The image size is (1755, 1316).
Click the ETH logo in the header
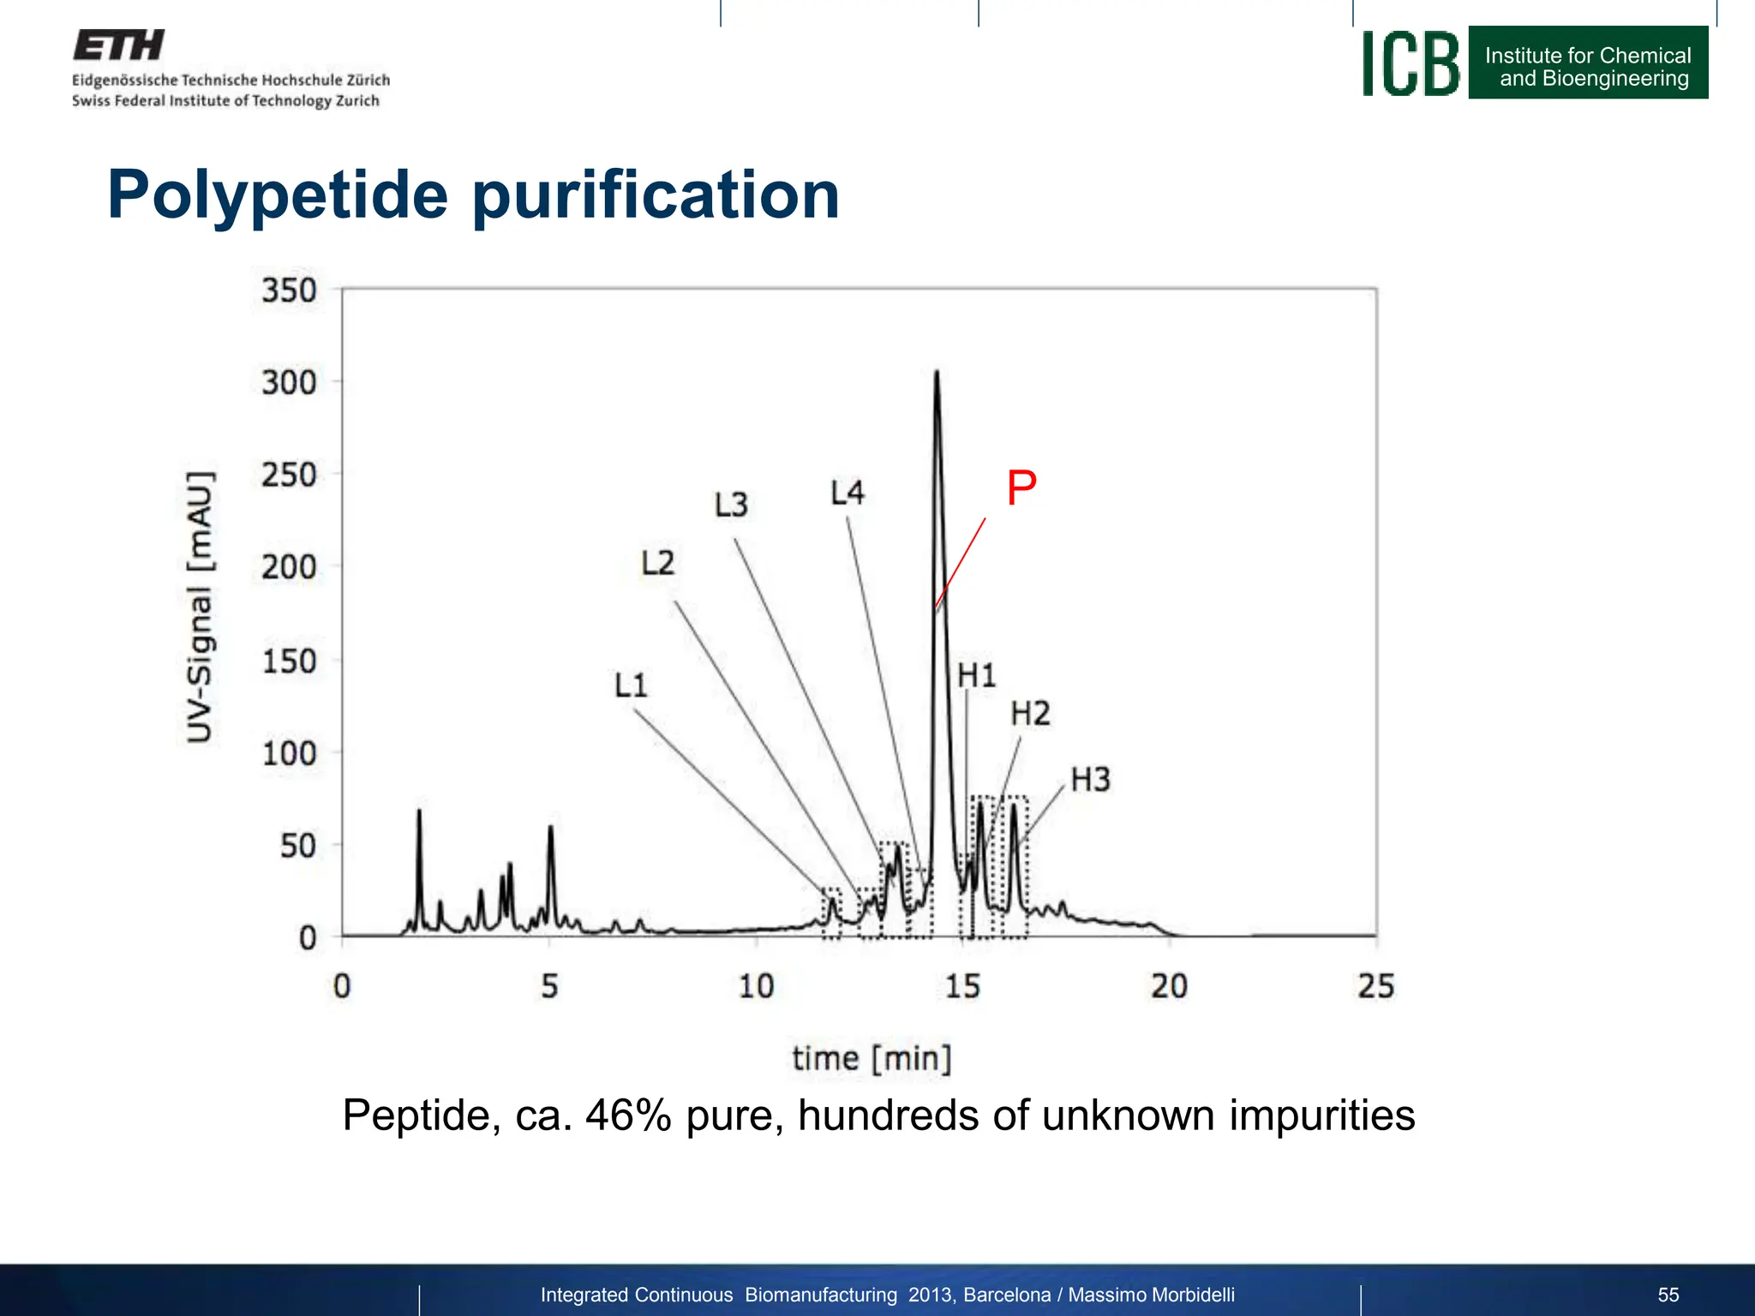coord(118,45)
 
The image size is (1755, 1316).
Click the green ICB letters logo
coord(1411,63)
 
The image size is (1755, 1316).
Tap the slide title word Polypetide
coord(278,195)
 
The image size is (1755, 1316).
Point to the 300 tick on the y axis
coord(289,382)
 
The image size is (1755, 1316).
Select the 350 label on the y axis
coord(289,290)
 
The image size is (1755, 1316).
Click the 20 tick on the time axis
coord(1169,986)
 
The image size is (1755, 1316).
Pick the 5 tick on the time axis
coord(549,986)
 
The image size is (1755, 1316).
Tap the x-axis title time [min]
coord(872,1058)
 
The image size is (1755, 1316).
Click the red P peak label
coord(1021,488)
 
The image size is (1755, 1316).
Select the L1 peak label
coord(631,685)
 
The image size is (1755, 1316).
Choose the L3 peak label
coord(731,505)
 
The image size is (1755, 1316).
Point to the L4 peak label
coord(848,493)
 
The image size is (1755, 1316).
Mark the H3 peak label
coord(1090,780)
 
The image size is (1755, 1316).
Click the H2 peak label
coord(1029,714)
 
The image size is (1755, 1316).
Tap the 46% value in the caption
coord(628,1116)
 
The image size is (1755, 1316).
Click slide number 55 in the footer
coord(1668,1295)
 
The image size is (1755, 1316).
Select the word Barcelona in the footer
coord(1007,1295)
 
